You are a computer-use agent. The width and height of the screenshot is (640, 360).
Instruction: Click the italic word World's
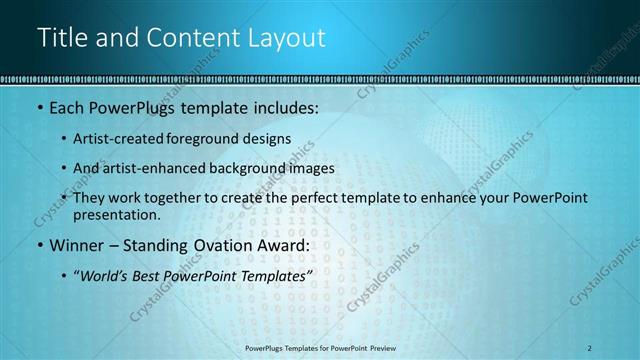(104, 275)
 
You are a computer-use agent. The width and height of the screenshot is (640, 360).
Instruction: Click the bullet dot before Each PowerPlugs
(38, 108)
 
